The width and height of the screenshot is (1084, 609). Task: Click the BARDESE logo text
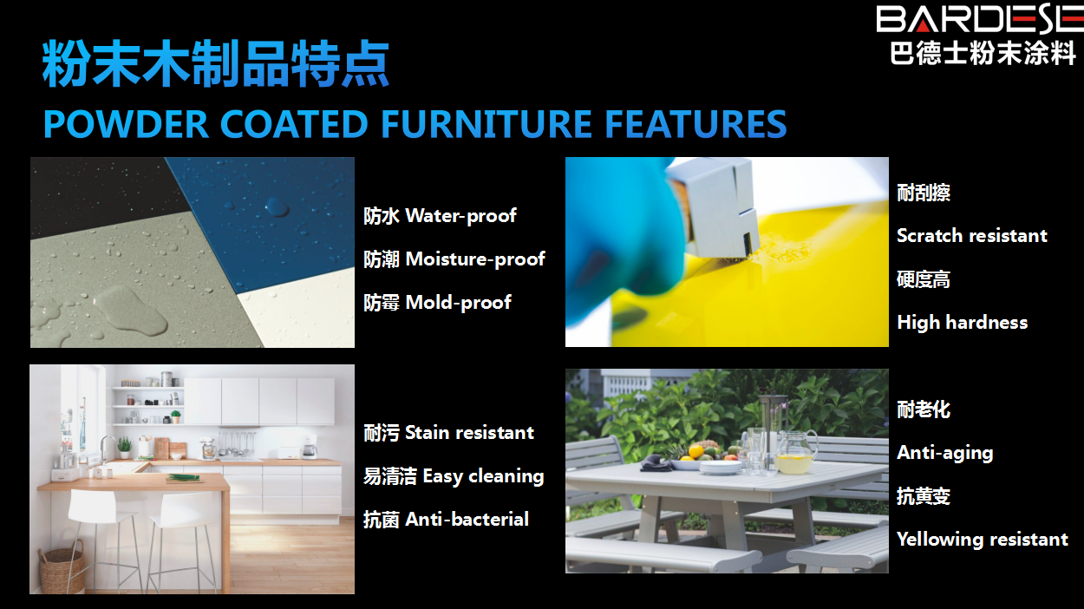coord(980,18)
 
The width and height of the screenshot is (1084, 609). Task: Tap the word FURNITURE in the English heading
coord(486,124)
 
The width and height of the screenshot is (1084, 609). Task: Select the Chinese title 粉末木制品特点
coord(216,64)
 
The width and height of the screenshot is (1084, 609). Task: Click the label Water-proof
coord(460,216)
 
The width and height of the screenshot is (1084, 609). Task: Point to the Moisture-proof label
coord(475,259)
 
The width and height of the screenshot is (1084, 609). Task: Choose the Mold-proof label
coord(458,303)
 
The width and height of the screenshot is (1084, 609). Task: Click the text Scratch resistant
coord(972,236)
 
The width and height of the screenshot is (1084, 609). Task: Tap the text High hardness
coord(962,323)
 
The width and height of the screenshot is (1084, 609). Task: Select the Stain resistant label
coord(469,432)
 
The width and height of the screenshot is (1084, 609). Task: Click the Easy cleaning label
coord(483,476)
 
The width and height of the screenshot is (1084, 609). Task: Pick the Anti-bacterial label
coord(467,520)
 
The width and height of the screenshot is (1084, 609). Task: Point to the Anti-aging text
coord(944,453)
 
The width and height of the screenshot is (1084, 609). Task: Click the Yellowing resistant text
coord(983,540)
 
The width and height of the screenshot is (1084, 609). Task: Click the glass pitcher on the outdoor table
coord(795,452)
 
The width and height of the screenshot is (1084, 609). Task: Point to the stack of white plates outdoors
coord(721,467)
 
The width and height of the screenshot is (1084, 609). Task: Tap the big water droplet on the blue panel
coord(278,206)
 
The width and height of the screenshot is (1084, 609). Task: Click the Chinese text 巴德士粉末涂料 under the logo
coord(983,53)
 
